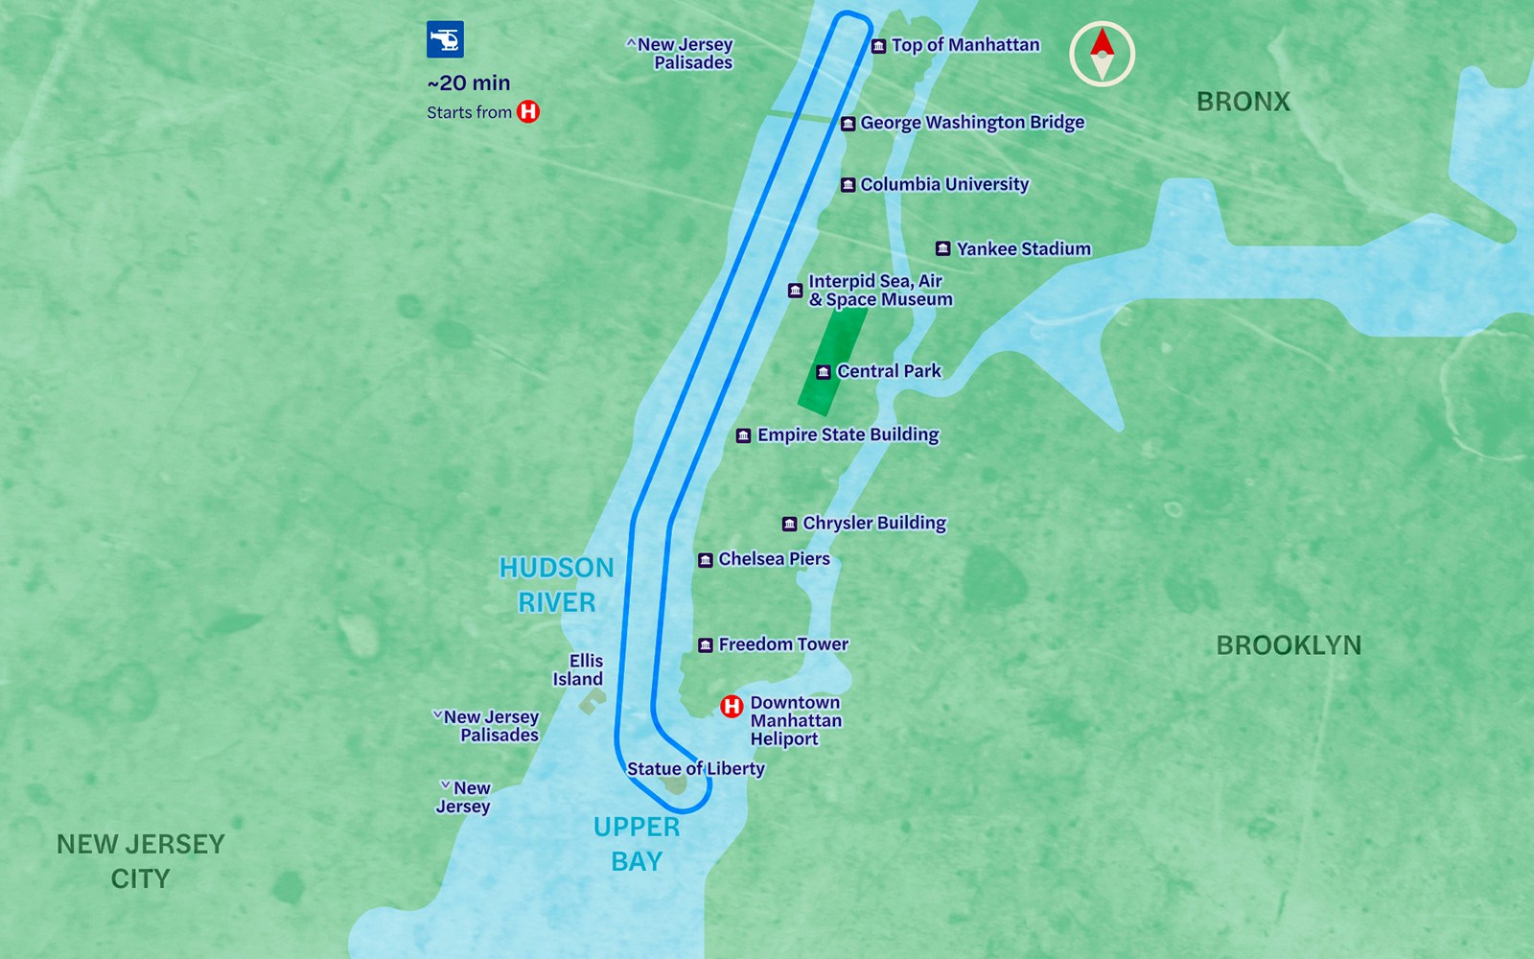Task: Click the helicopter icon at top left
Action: pos(445,39)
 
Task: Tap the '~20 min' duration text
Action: pos(469,83)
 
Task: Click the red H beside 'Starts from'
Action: pos(528,111)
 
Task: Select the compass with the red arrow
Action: pos(1102,54)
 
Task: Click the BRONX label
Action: pos(1243,102)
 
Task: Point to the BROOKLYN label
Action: pos(1288,645)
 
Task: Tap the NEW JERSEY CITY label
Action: pos(140,861)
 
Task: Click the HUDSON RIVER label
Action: pos(556,585)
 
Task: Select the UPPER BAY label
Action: pos(636,844)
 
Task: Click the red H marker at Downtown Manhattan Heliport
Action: pos(732,707)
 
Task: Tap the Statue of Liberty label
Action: pos(696,769)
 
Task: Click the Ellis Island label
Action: pos(579,669)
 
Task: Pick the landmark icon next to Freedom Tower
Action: pos(706,645)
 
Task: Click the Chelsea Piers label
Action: pos(774,559)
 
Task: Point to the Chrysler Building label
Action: pos(873,524)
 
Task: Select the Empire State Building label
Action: pos(848,435)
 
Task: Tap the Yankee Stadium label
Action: pos(1023,249)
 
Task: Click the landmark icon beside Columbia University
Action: pos(848,185)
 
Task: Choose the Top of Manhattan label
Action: pos(965,45)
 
